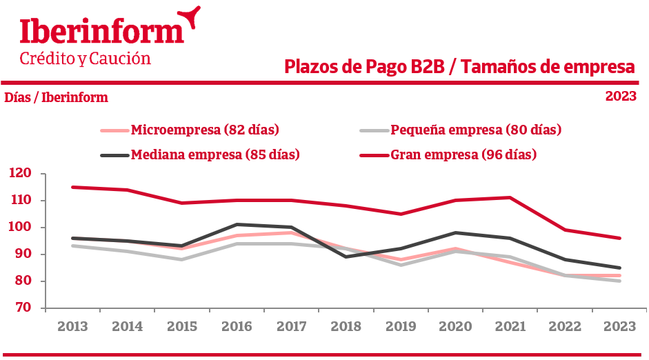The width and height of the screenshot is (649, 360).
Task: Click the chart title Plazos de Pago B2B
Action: pos(459,68)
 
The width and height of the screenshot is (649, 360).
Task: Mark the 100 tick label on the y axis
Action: pos(21,228)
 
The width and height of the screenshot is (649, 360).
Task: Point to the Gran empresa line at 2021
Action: pos(510,197)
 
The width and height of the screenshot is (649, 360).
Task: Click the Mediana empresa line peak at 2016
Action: pos(237,224)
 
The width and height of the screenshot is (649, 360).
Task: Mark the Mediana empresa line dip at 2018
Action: pos(346,257)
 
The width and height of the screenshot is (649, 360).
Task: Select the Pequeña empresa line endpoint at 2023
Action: pos(619,281)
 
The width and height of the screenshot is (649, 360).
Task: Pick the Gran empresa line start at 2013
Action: pos(72,187)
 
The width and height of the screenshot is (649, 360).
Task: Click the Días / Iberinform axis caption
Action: pos(57,97)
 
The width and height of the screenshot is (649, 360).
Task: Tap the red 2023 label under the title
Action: pos(621,97)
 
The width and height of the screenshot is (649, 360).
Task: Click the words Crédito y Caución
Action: pos(85,59)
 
